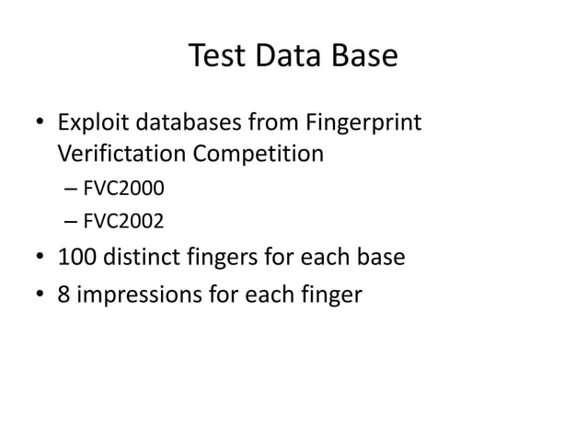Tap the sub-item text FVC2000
point(123,190)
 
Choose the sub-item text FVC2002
point(123,221)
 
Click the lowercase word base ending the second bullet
point(381,256)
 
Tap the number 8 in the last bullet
point(64,296)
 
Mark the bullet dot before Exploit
point(40,123)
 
